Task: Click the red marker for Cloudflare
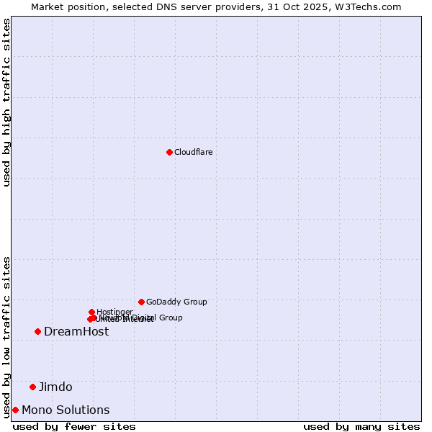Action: coord(169,152)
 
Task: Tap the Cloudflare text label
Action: coord(193,152)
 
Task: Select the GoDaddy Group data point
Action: coord(141,302)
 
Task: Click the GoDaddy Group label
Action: coord(176,302)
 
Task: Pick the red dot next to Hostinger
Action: coord(91,312)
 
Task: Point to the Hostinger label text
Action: coord(114,312)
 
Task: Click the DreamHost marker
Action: coord(37,331)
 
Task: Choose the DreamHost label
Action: coord(76,331)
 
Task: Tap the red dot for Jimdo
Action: coord(32,387)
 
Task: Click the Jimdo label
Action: coord(55,387)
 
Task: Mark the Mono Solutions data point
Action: coord(15,410)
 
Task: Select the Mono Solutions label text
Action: coord(66,410)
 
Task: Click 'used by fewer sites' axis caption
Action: coord(74,426)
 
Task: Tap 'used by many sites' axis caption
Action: coord(361,426)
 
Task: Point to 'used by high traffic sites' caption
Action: coord(7,102)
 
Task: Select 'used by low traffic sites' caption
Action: coord(7,336)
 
